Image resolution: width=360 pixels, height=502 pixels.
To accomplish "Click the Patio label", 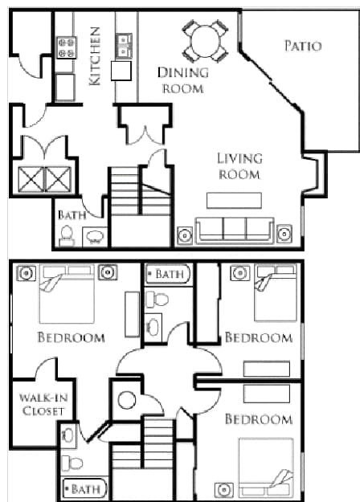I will (x=302, y=45).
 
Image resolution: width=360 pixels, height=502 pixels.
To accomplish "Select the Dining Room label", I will (x=182, y=80).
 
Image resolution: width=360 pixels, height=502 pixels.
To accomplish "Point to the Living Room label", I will (x=239, y=166).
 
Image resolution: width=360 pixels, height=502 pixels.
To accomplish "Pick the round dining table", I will (x=204, y=39).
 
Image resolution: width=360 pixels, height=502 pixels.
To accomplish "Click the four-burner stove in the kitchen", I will (x=65, y=46).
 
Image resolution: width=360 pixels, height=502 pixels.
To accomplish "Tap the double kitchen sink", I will (x=124, y=47).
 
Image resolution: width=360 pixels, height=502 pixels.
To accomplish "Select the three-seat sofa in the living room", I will (x=235, y=231).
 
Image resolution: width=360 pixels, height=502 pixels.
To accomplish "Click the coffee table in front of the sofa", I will (x=235, y=200).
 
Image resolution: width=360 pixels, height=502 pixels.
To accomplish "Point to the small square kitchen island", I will (x=121, y=71).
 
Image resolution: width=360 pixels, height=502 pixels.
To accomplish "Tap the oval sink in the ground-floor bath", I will (x=94, y=236).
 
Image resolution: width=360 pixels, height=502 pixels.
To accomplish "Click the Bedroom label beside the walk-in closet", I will (x=71, y=337).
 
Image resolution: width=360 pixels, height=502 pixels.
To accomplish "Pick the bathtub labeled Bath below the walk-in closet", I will (x=84, y=488).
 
